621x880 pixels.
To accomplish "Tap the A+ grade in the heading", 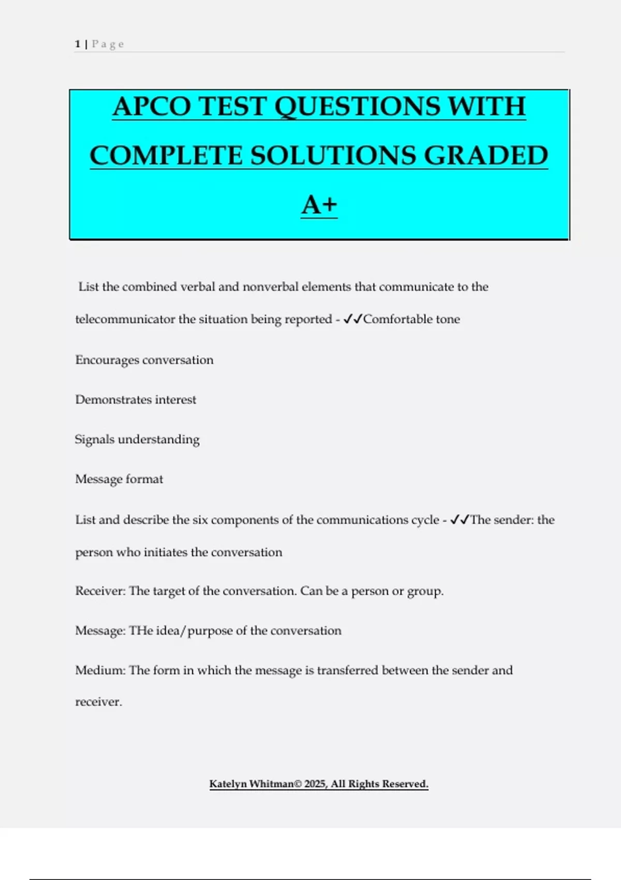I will [x=319, y=205].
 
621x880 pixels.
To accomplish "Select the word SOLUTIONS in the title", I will [x=333, y=156].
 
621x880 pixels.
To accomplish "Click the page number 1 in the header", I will [x=78, y=44].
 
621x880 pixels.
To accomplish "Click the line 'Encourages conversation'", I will [x=144, y=360].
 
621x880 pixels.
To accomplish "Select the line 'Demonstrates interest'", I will [x=136, y=400].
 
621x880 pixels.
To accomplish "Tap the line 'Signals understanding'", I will [x=137, y=439].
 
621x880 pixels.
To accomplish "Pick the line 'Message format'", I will [x=119, y=479].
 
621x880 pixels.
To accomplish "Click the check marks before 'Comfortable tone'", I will [x=352, y=319].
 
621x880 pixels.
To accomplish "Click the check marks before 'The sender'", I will [x=460, y=519].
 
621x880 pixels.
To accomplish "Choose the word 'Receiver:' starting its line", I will [x=100, y=591].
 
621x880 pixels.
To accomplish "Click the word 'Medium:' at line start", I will [x=100, y=670].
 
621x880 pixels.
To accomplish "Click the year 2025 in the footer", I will [x=315, y=784].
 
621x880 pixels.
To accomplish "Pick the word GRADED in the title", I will [x=486, y=156].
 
